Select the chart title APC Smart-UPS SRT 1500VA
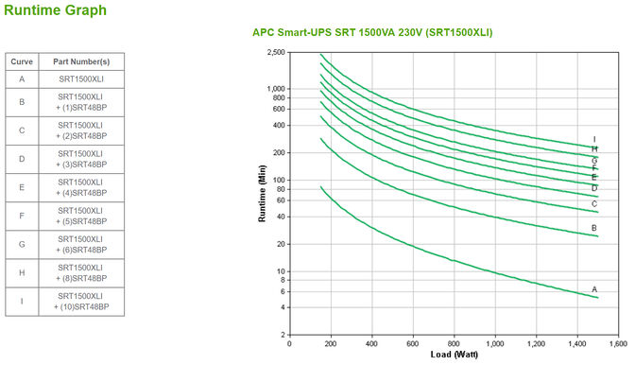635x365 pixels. [x=371, y=32]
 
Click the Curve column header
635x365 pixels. [x=22, y=61]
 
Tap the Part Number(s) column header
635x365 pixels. [x=79, y=61]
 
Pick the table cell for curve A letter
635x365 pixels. [x=22, y=78]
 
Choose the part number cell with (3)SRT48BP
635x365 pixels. [x=79, y=158]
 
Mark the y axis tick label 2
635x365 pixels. [x=281, y=335]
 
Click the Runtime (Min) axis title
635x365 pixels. [x=262, y=195]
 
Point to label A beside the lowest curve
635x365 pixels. [x=594, y=289]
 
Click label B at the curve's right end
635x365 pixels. [x=594, y=228]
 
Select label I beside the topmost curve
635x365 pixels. [x=594, y=140]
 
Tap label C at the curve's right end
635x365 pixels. [x=594, y=203]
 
